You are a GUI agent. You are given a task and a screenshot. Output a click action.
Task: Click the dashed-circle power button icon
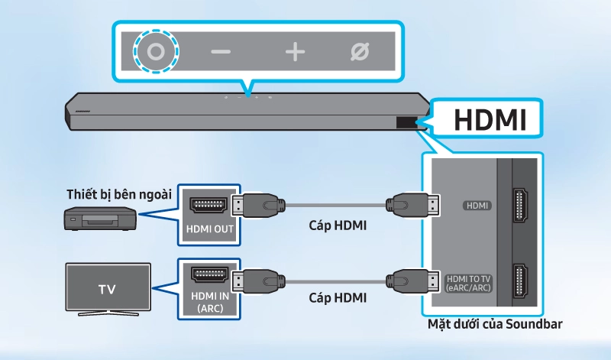tap(156, 52)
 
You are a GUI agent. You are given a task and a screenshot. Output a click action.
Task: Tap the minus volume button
tap(221, 52)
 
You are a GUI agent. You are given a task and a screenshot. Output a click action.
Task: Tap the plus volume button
tap(295, 52)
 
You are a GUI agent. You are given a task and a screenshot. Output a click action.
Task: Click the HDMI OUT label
tap(209, 229)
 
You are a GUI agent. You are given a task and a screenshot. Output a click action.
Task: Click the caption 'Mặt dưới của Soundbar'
tap(496, 324)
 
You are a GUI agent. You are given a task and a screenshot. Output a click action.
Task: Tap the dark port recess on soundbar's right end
tap(406, 121)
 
